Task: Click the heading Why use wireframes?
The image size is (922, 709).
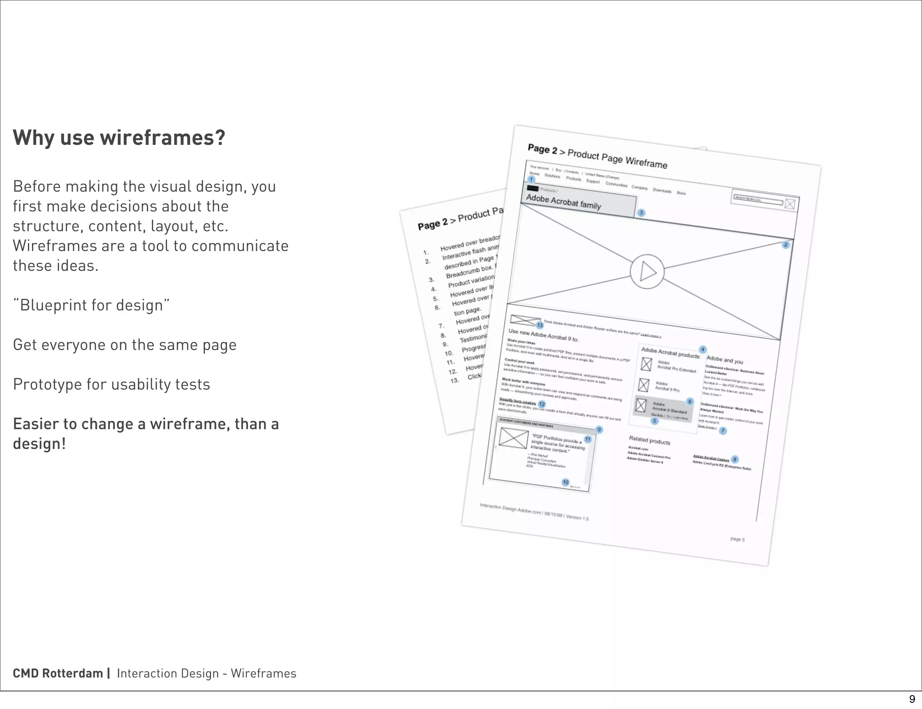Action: (x=119, y=138)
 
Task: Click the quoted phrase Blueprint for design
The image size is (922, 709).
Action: (x=91, y=305)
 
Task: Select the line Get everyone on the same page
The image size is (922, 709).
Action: (x=125, y=345)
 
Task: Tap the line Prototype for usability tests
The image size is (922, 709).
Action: (x=111, y=384)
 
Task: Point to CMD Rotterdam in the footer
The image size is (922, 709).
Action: (x=58, y=673)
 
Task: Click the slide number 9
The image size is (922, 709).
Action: (x=912, y=699)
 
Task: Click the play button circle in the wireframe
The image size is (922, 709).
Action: (x=647, y=271)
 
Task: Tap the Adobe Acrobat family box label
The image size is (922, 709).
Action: (x=564, y=202)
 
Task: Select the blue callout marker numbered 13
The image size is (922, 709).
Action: (x=539, y=325)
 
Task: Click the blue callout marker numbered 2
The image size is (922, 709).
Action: (x=786, y=245)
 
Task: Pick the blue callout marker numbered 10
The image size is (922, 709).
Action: (x=565, y=482)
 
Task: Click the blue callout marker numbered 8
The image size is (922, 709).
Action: (x=735, y=459)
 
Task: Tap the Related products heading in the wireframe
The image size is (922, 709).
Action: (x=650, y=440)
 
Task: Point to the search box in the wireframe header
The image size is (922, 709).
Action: (x=759, y=200)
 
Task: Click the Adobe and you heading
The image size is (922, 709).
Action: (x=725, y=360)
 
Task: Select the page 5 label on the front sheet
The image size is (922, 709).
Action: (x=737, y=539)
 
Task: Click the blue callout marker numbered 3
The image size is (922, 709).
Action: (x=641, y=212)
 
